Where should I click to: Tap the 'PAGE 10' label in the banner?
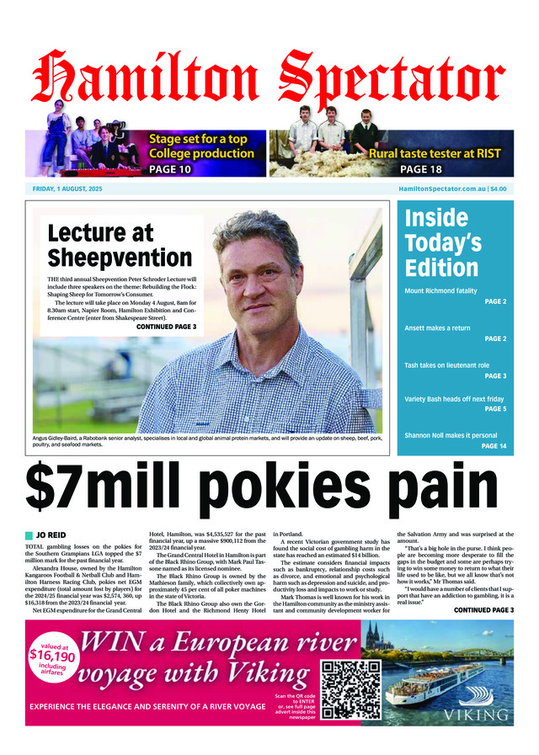(x=170, y=169)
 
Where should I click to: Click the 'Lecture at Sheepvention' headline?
(x=120, y=244)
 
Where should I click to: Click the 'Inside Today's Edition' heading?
(x=443, y=242)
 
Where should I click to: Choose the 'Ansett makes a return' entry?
(x=437, y=327)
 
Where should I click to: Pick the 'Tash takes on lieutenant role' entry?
(x=447, y=365)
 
